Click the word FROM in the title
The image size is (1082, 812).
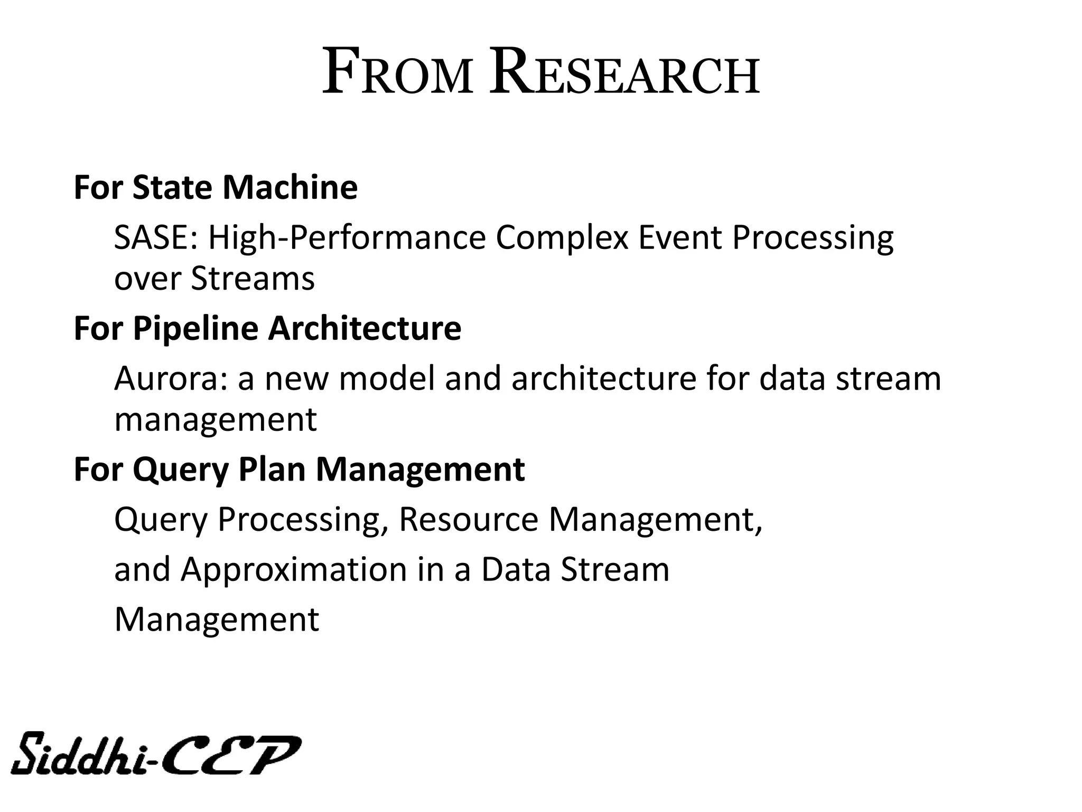(x=397, y=73)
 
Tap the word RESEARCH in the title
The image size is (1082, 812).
(x=624, y=73)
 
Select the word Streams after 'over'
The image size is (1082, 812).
(x=253, y=279)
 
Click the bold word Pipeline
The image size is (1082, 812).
(x=195, y=328)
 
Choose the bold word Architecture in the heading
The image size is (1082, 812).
(x=365, y=328)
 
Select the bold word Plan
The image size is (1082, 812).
(x=272, y=469)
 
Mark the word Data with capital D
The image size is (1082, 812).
(x=516, y=569)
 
